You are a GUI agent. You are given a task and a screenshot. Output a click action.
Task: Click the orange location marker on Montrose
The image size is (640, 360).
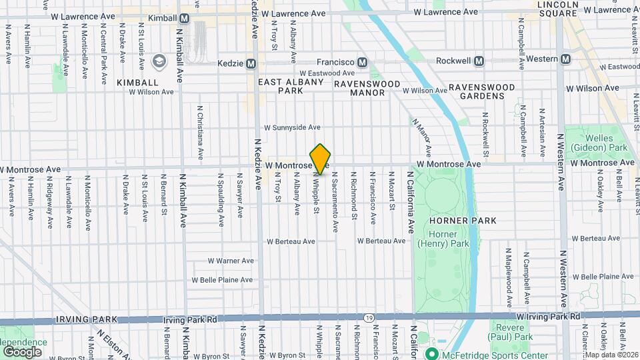[321, 159]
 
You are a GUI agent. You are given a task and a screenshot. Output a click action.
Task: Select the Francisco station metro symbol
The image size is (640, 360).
[362, 62]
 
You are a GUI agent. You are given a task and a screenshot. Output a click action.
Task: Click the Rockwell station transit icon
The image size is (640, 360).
[479, 61]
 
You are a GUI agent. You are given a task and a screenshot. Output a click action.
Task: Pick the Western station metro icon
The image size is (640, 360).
[565, 59]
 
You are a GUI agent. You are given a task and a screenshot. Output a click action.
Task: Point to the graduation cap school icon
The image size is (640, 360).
[159, 62]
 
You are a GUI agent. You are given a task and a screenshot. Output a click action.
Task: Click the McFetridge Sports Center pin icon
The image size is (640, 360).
[431, 353]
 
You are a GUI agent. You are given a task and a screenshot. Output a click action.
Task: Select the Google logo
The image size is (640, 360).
[22, 351]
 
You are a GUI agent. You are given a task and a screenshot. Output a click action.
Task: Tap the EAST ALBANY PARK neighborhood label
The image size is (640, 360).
[291, 86]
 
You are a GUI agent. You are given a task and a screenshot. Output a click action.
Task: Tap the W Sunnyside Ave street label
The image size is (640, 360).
[293, 127]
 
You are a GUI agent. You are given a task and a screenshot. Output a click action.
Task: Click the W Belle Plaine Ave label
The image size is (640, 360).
[222, 280]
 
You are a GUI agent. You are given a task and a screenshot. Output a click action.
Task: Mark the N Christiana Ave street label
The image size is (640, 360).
[200, 133]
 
